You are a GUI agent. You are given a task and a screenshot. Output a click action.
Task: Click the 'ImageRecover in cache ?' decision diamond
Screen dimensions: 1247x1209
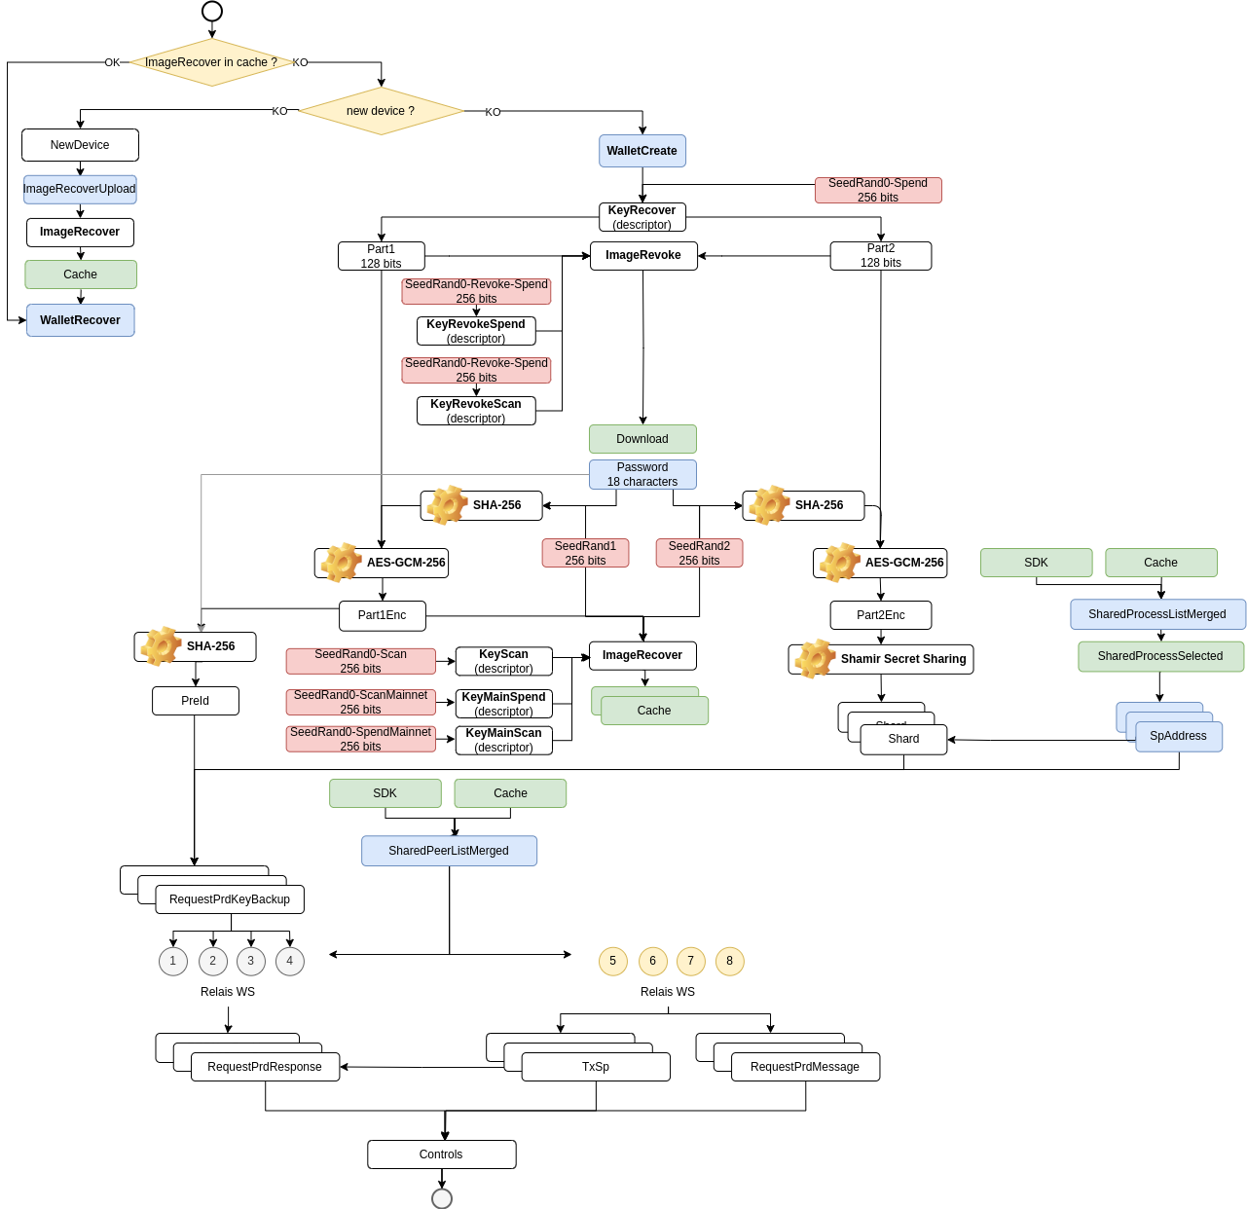tap(210, 62)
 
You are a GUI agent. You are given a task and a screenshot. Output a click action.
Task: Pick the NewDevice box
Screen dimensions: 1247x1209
tap(80, 144)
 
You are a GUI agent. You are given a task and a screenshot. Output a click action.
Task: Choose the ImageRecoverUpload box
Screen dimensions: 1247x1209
tap(80, 189)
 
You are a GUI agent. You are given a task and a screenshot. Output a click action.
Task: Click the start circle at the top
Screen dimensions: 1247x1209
tap(211, 11)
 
